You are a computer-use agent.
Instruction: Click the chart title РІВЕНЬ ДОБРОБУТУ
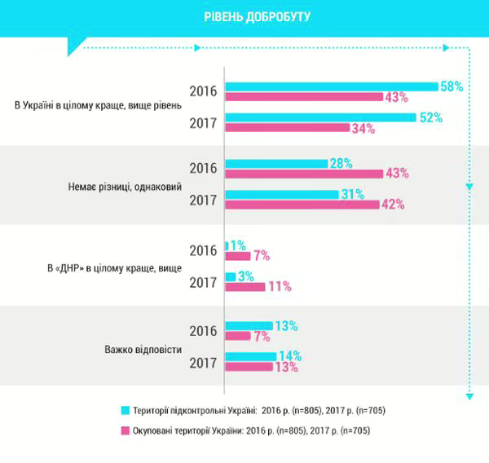tap(245, 15)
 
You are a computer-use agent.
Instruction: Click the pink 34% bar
tap(286, 128)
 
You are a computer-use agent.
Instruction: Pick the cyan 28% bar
tap(275, 163)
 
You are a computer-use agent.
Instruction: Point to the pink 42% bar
tap(302, 205)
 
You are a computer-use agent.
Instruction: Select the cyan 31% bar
tap(281, 194)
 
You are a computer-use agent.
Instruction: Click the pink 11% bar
tap(244, 287)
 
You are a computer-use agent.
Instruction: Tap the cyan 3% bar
tap(230, 276)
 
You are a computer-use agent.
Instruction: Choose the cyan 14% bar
tap(250, 356)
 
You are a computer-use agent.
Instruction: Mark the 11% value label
tap(280, 287)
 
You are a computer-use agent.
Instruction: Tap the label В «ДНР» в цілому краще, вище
tap(111, 267)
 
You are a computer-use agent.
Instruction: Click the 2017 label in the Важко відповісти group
tap(203, 363)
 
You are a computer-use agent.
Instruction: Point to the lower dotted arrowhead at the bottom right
tap(469, 397)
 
